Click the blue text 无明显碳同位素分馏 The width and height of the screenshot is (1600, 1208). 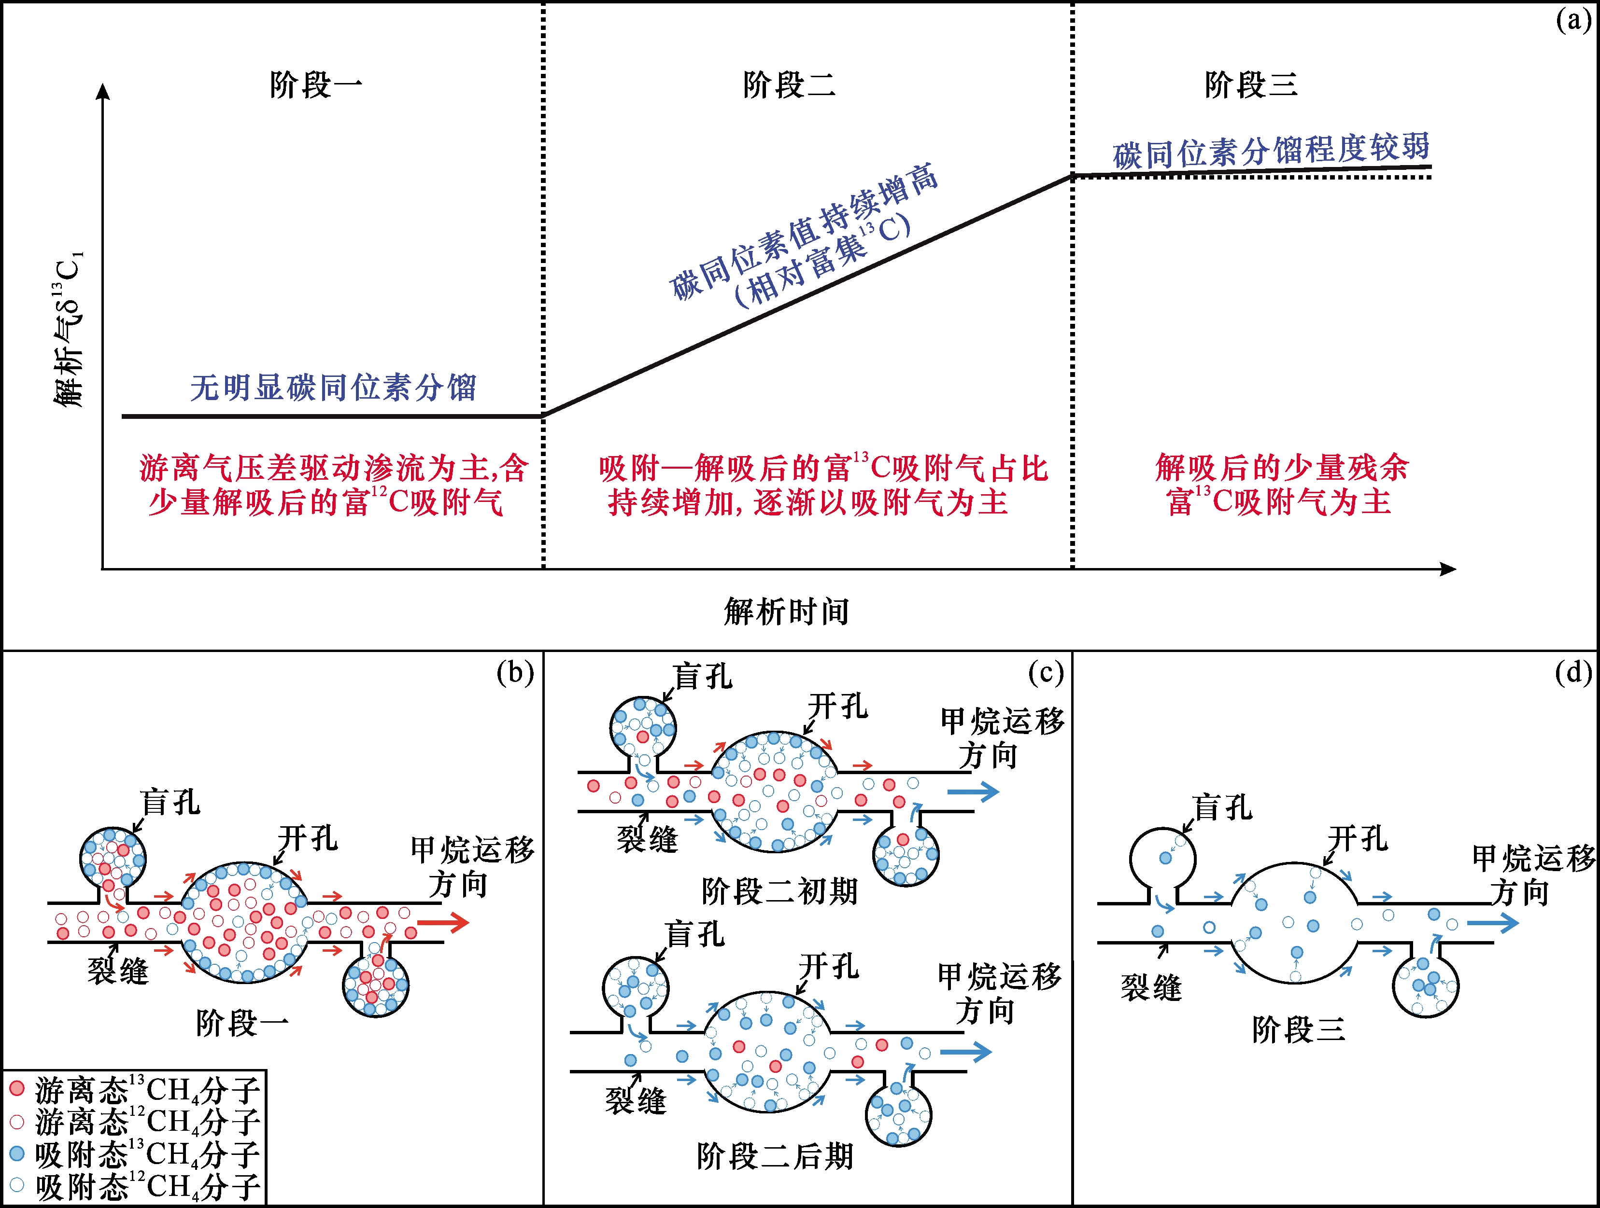click(333, 388)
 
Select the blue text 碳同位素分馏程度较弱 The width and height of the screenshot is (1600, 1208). click(1271, 151)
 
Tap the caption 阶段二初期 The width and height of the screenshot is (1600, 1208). click(779, 891)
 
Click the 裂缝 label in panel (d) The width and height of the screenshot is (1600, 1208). click(1151, 987)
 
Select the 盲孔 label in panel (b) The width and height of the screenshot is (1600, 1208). click(170, 803)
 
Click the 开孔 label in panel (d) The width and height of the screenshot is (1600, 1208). click(1358, 839)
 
